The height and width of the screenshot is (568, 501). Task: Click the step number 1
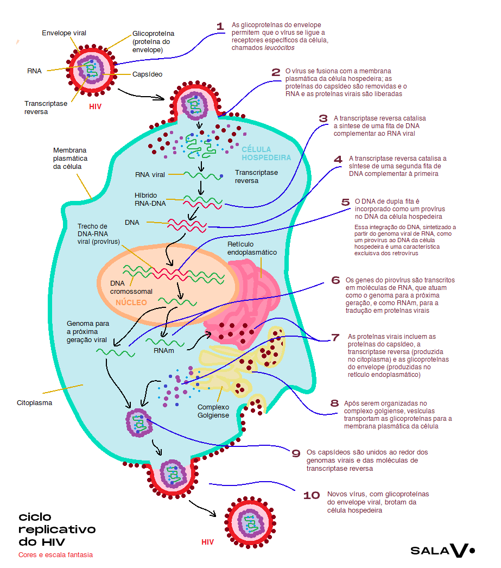220,27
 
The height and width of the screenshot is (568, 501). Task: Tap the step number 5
346,202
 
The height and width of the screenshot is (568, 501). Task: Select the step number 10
312,495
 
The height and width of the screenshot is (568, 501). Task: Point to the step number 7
335,338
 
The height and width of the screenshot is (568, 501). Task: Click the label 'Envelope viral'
64,33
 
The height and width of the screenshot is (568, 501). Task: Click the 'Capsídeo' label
148,74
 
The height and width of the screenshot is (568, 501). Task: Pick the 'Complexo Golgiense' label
213,411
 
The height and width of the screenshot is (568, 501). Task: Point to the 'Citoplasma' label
34,403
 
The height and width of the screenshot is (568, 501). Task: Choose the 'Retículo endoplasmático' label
252,248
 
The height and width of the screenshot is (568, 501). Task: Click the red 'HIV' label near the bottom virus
208,542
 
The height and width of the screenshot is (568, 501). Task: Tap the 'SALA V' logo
442,551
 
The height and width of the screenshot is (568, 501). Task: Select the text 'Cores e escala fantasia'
55,555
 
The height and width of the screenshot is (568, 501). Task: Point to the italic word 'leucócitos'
280,48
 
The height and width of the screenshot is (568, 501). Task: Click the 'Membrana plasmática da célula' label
71,158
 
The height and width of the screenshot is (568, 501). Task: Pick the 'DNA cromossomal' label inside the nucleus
131,287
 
